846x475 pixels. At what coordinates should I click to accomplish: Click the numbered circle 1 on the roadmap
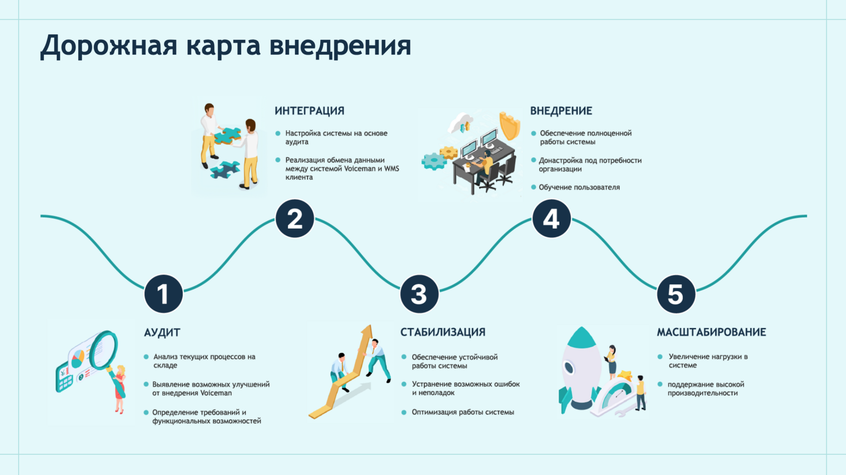(x=163, y=294)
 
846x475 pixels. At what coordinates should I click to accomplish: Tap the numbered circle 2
(x=295, y=219)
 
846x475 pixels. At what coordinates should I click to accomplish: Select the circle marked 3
(x=419, y=294)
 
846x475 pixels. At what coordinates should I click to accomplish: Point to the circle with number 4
(x=551, y=219)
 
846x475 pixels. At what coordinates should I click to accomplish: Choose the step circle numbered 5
(x=676, y=294)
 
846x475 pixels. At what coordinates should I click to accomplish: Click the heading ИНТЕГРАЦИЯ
(x=309, y=111)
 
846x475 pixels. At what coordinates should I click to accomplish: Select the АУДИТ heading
(x=162, y=332)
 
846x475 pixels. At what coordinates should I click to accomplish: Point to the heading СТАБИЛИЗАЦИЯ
(x=443, y=332)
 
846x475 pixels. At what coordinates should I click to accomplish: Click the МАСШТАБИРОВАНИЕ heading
(x=711, y=332)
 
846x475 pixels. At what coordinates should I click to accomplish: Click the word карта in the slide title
(x=223, y=45)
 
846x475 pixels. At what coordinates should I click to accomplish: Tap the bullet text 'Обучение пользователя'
(x=579, y=187)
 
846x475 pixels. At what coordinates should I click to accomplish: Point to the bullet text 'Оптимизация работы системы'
(x=463, y=412)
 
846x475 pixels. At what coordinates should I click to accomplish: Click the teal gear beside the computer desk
(x=433, y=161)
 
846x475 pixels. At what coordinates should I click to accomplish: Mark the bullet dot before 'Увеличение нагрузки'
(x=660, y=357)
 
